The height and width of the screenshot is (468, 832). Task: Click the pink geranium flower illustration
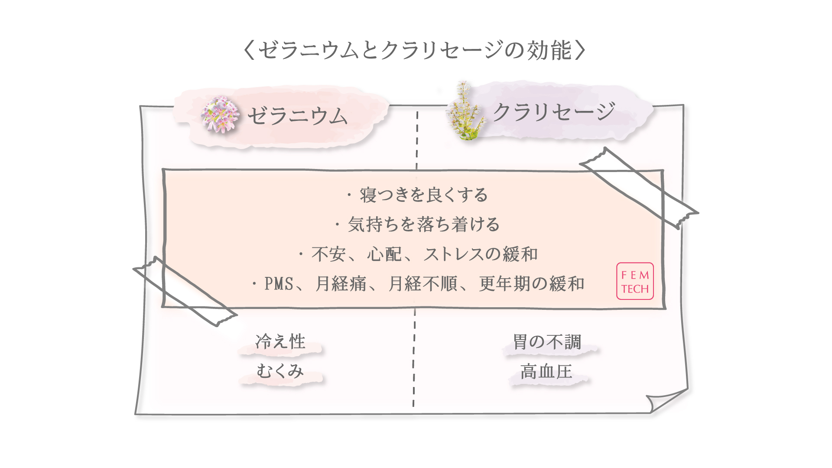[x=220, y=114]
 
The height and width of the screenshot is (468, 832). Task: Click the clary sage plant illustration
[x=465, y=112]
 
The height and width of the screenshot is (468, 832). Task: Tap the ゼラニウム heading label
[x=297, y=116]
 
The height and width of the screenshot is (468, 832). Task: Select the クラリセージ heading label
[x=554, y=112]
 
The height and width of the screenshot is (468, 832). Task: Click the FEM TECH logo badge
[x=635, y=281]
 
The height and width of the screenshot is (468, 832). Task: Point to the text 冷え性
[x=280, y=342]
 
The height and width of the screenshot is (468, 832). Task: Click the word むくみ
[x=280, y=371]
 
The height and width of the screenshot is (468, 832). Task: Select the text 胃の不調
[x=547, y=342]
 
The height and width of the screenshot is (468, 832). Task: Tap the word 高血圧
[x=546, y=372]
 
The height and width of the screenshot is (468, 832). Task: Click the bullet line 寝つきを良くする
[x=423, y=195]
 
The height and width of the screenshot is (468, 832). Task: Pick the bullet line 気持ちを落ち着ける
[x=423, y=224]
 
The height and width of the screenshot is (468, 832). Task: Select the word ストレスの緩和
[x=481, y=254]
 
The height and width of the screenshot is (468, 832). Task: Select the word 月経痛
[x=341, y=284]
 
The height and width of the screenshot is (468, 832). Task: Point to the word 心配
[x=384, y=254]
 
